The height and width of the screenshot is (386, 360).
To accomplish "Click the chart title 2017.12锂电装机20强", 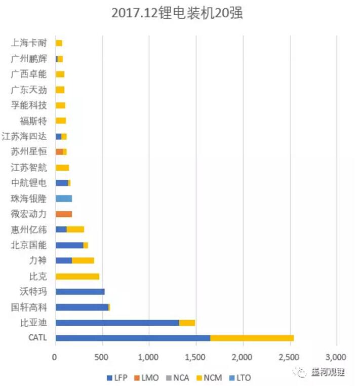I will pyautogui.click(x=177, y=13).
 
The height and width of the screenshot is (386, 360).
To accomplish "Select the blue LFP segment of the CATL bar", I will pyautogui.click(x=133, y=338).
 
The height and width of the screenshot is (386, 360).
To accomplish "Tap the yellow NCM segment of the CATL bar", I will pyautogui.click(x=252, y=338).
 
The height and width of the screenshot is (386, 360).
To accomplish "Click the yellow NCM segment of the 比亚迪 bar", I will pyautogui.click(x=187, y=323).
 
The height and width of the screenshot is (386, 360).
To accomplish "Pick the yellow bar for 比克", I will pyautogui.click(x=77, y=277).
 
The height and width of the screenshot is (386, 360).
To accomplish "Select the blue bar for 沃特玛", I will pyautogui.click(x=80, y=292).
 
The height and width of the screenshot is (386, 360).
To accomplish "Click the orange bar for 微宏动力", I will pyautogui.click(x=64, y=214).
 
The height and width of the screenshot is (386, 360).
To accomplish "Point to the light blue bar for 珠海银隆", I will pyautogui.click(x=64, y=199).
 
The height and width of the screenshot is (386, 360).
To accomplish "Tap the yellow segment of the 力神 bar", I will pyautogui.click(x=83, y=261).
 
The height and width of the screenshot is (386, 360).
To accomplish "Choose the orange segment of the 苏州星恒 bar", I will pyautogui.click(x=59, y=152).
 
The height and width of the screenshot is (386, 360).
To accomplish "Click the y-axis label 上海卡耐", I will pyautogui.click(x=29, y=43).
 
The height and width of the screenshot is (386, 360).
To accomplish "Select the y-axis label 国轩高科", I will pyautogui.click(x=29, y=307).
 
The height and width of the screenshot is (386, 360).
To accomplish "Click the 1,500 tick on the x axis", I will pyautogui.click(x=196, y=357).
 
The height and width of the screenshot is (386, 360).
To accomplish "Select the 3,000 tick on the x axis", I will pyautogui.click(x=336, y=357).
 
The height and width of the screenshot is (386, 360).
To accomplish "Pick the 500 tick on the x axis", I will pyautogui.click(x=103, y=357).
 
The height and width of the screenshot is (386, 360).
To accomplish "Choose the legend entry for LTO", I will pyautogui.click(x=238, y=378).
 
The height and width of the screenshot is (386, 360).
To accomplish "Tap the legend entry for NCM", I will pyautogui.click(x=209, y=378).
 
